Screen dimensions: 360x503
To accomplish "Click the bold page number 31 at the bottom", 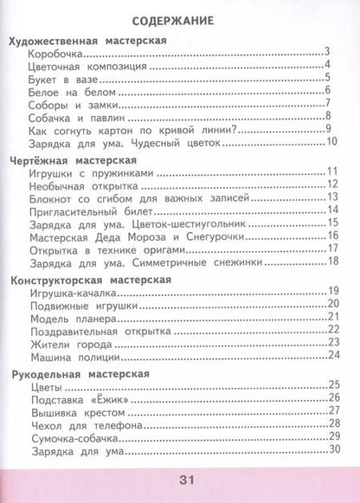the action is pos(180,480).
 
